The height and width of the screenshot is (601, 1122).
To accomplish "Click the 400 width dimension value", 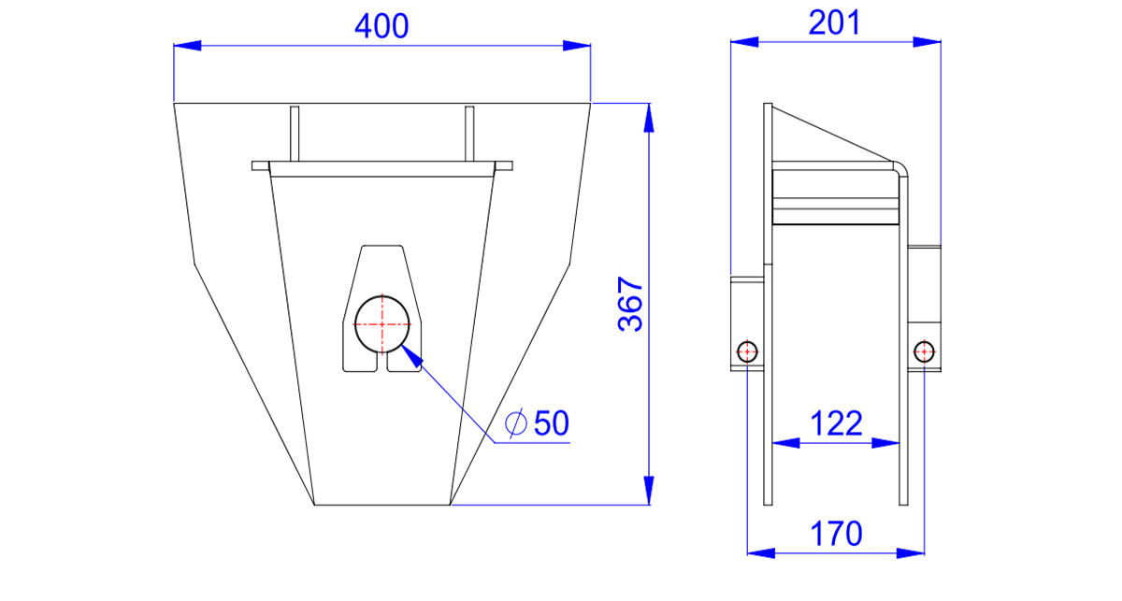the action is click(x=381, y=26).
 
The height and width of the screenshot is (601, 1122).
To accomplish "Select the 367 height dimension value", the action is click(x=630, y=304).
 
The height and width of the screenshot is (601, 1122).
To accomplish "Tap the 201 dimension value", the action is click(x=834, y=23).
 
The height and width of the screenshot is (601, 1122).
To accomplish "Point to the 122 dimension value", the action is click(x=836, y=423).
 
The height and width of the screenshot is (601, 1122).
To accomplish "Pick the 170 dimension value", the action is click(x=836, y=534).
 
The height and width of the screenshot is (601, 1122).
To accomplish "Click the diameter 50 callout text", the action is click(x=537, y=423).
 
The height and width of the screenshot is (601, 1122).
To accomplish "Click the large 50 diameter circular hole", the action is click(x=382, y=324).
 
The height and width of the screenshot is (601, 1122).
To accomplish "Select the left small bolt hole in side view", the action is click(x=747, y=351).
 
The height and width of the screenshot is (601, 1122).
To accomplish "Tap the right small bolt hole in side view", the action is click(x=924, y=351).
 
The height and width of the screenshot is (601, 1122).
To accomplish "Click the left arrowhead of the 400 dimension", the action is click(x=187, y=46).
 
